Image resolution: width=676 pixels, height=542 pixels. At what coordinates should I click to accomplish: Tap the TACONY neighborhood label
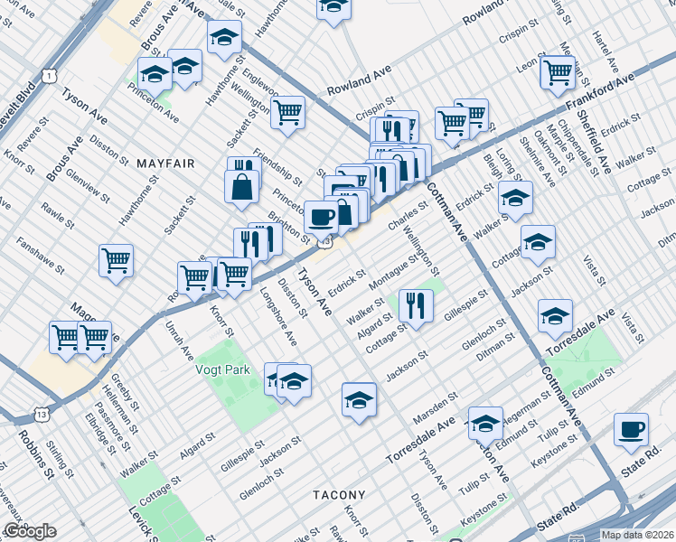[339, 495]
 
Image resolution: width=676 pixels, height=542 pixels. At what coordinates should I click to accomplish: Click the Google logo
[30, 531]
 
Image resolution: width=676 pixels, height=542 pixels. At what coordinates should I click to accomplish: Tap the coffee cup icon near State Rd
[631, 429]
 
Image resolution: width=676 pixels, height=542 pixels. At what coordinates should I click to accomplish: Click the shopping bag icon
[242, 187]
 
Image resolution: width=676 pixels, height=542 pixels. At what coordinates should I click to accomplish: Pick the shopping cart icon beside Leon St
[558, 71]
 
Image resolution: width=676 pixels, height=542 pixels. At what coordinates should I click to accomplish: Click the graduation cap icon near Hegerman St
[485, 422]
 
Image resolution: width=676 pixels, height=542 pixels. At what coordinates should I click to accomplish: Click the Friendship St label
[277, 163]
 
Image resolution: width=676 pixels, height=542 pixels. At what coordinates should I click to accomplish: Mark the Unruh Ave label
[180, 338]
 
